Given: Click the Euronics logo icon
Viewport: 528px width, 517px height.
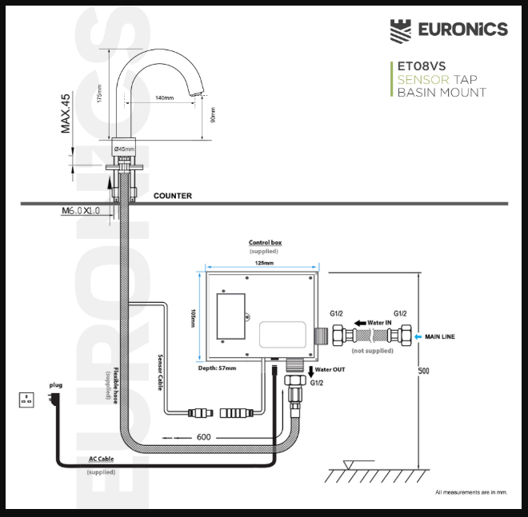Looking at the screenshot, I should [x=402, y=30].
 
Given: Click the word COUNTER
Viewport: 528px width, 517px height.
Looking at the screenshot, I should [x=172, y=195].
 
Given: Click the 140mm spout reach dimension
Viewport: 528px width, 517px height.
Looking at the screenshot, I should [x=164, y=97].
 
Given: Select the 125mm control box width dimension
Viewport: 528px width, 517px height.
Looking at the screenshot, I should [x=263, y=262].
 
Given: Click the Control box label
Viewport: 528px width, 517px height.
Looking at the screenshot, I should [x=265, y=242].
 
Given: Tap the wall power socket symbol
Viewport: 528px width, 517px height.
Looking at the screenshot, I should [x=26, y=399].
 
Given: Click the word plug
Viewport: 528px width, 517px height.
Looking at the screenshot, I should [x=55, y=384].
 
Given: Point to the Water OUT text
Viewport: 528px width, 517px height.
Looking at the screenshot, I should [x=330, y=370].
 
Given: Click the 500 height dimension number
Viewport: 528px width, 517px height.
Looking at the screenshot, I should [x=424, y=371].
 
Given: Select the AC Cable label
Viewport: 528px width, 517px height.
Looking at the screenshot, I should [x=101, y=460].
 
